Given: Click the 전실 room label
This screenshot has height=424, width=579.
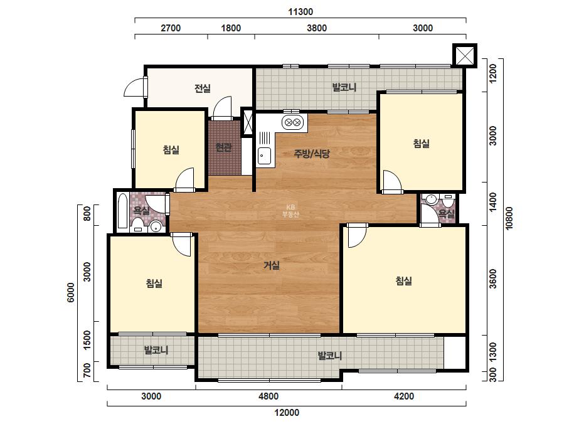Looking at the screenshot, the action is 203,88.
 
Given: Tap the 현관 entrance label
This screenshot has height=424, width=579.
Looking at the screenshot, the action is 223,147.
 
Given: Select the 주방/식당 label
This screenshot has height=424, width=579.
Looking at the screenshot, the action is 312,153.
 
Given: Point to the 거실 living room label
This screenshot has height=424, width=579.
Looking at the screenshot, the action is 272,265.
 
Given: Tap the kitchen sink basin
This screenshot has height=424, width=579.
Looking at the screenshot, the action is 264,156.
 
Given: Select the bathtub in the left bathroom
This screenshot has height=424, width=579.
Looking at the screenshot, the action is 122,211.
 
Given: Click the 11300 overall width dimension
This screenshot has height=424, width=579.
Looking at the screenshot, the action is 300,12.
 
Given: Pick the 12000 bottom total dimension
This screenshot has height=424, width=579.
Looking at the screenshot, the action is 287,413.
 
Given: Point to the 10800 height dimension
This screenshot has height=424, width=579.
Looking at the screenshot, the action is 509,218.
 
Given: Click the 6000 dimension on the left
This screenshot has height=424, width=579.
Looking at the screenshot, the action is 70,292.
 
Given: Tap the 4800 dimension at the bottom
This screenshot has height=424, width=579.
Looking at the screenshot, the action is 268,396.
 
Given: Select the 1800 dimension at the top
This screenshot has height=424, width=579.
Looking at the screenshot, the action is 231,28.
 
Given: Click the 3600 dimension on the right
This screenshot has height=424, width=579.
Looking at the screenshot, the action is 492,278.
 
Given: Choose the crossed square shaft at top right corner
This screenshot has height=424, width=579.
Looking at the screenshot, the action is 465,56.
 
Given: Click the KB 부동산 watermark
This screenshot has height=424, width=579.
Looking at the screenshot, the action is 290,211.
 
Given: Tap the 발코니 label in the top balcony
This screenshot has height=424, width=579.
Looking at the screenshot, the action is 344,87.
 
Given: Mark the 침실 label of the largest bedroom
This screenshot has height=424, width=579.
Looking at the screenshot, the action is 403,281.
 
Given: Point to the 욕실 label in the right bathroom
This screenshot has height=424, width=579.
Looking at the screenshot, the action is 446,213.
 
